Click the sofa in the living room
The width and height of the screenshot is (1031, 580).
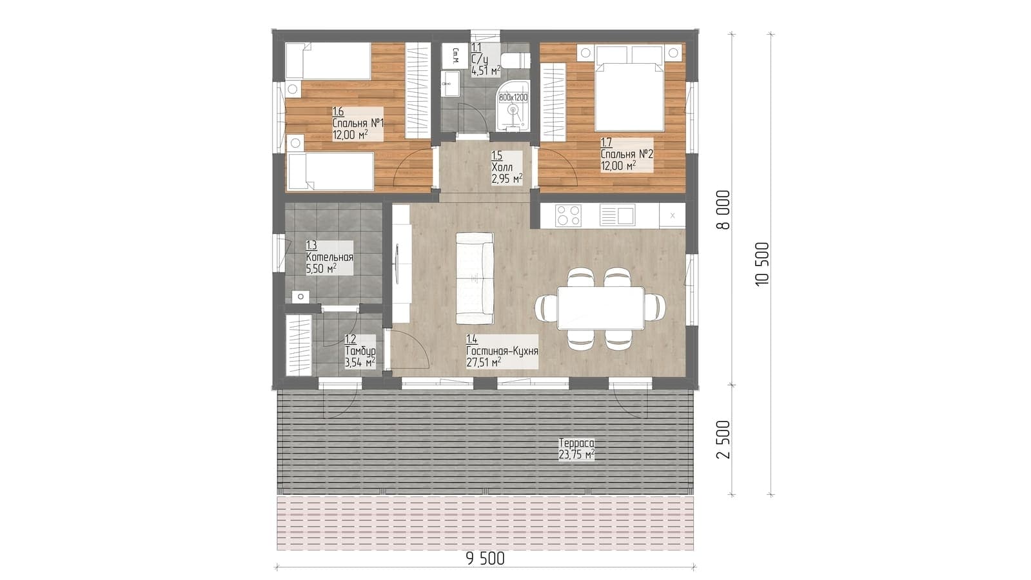point(475,278)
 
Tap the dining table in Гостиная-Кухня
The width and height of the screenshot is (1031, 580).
point(600,307)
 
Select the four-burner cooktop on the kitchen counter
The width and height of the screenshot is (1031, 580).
point(569,216)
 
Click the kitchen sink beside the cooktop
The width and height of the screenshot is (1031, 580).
point(618,215)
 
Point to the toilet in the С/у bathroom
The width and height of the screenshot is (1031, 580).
point(516,60)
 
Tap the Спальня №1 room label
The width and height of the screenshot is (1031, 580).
point(358,124)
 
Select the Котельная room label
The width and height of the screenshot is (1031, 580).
point(329,258)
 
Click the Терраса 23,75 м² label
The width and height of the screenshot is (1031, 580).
point(576,449)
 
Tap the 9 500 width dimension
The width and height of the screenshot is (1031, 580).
point(485,559)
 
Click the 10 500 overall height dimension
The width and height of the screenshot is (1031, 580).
point(762,264)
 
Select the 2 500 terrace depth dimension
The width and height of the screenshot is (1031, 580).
point(723,440)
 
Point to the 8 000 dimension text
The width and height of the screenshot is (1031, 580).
point(723,209)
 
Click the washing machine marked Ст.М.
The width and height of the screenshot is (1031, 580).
point(455,55)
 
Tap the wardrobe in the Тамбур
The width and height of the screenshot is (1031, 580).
point(299,345)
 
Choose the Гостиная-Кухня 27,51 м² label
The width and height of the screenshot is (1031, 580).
point(502,352)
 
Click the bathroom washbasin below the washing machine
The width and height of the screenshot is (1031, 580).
point(449,84)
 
